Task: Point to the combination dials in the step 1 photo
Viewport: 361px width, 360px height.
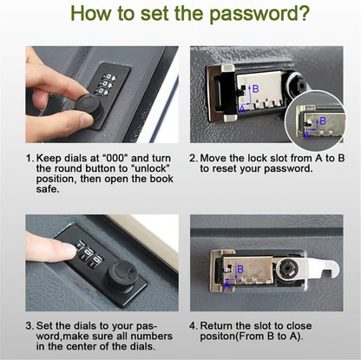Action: pos(108,86)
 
